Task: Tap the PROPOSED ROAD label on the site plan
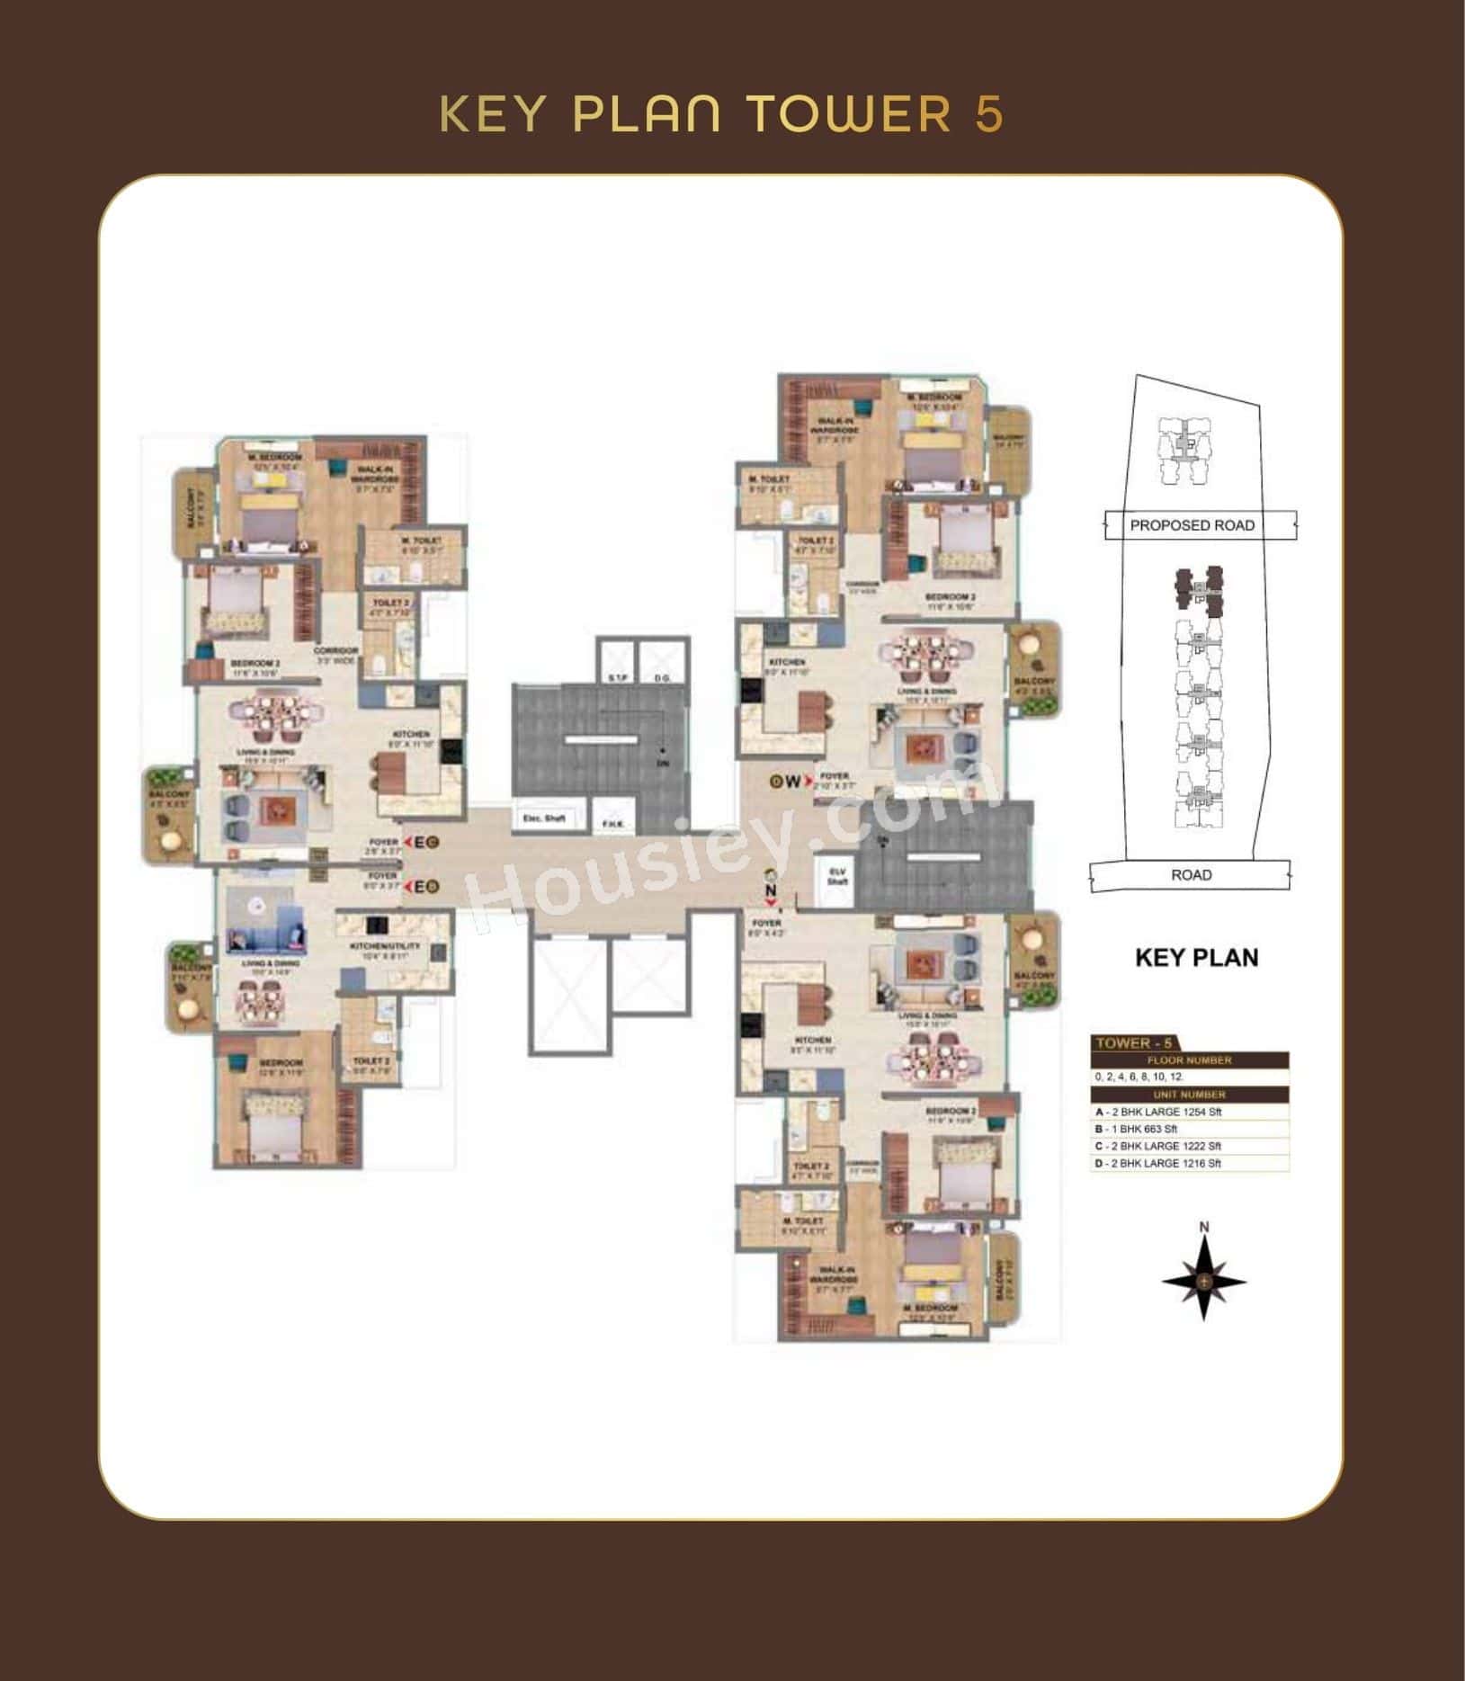click(1192, 525)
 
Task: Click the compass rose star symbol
click(1203, 1280)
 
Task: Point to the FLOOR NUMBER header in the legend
click(1189, 1060)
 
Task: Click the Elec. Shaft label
click(544, 818)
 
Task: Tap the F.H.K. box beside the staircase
click(613, 823)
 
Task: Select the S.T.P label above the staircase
click(617, 677)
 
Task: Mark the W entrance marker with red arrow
click(790, 782)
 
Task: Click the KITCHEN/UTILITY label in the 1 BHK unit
click(386, 952)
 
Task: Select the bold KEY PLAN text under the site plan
click(1196, 957)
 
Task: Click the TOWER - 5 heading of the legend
click(1133, 1043)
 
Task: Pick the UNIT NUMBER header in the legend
click(1189, 1095)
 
